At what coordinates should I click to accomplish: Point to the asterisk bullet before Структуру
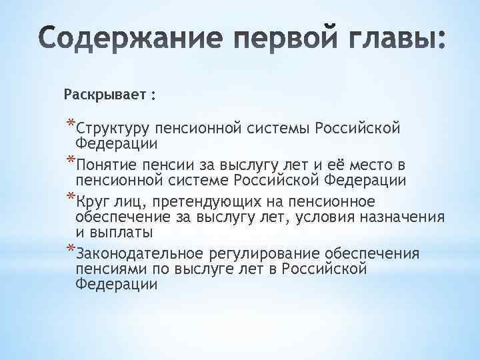(x=71, y=123)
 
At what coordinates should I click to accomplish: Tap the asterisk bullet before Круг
(x=71, y=198)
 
